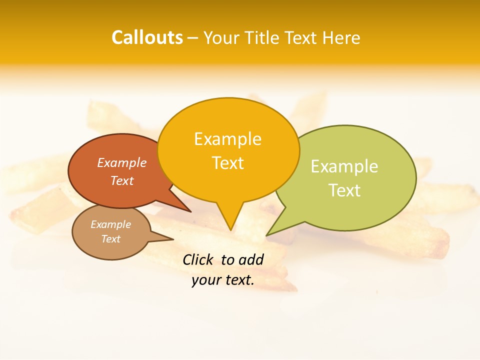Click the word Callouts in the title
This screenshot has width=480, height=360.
click(147, 37)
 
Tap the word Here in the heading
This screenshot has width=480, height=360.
click(341, 38)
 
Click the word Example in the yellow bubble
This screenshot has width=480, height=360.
click(227, 139)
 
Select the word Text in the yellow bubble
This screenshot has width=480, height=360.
click(228, 163)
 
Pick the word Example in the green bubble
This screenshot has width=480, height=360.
click(344, 166)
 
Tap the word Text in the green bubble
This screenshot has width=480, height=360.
click(344, 190)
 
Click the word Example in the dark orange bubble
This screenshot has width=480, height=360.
click(122, 163)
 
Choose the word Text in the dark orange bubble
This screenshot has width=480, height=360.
click(122, 181)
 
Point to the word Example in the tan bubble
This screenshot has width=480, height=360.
click(110, 224)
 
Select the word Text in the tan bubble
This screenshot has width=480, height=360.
click(110, 239)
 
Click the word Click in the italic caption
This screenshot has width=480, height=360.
click(198, 259)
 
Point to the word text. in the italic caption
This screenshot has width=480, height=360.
click(238, 280)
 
